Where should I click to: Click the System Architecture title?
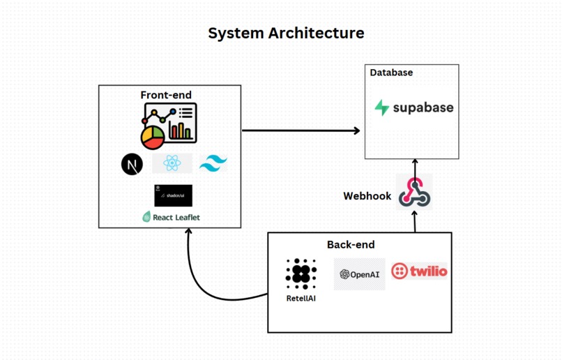286,33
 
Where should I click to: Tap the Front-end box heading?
166,95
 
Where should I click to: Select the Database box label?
391,73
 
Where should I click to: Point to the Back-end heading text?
351,244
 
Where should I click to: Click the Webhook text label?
367,196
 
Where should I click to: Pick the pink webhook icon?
414,192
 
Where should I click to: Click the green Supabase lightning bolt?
382,107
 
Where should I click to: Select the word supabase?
423,107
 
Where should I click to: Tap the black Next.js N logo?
132,164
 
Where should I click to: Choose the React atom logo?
172,163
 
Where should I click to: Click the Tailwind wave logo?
213,164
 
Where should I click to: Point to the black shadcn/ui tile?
173,195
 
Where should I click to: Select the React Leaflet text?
176,218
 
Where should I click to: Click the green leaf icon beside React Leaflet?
146,217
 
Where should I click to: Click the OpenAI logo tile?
359,274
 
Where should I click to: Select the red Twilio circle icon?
400,271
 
